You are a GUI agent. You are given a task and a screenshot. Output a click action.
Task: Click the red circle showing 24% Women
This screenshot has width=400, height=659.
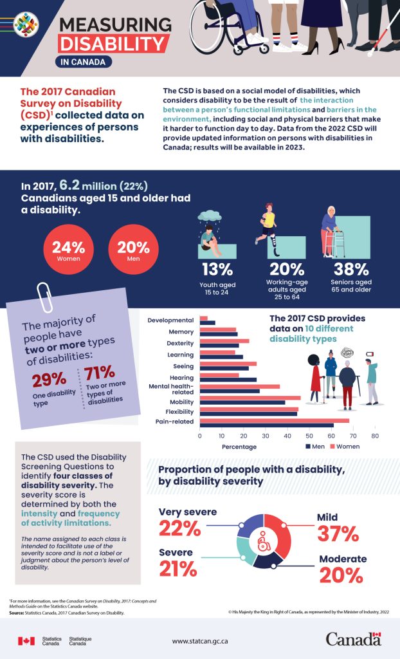68,251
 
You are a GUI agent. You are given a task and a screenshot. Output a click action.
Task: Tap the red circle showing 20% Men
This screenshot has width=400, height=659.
134,251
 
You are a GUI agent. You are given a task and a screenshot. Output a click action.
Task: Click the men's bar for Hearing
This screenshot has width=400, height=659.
228,380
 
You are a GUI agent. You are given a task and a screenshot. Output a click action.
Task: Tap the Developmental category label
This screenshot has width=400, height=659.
170,320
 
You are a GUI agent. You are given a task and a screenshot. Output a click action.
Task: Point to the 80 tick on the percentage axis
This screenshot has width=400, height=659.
375,436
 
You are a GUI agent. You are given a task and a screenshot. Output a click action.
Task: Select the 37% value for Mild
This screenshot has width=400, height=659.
338,534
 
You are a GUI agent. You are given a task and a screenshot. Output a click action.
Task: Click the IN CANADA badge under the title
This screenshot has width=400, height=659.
84,62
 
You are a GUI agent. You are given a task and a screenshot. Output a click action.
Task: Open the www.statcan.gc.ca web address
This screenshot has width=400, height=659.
200,641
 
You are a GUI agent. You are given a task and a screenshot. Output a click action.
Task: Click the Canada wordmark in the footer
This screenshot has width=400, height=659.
353,639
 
